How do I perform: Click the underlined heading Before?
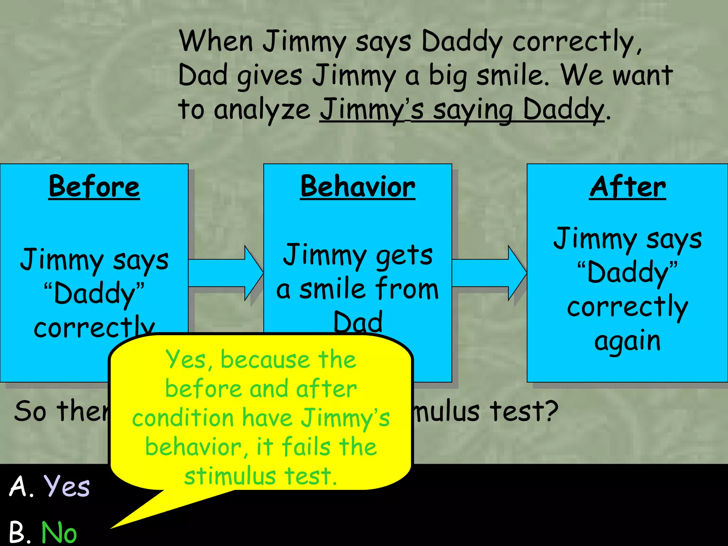94,187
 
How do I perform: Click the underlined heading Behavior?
358,187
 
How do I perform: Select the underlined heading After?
627,187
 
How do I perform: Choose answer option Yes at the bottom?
67,486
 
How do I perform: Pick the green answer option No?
59,532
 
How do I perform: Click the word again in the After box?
627,341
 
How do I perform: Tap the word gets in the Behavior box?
404,256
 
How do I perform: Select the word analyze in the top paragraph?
262,109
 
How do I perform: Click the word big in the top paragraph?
447,76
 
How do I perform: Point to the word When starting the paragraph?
216,42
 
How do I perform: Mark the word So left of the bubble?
30,411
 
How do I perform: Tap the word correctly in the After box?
627,307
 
